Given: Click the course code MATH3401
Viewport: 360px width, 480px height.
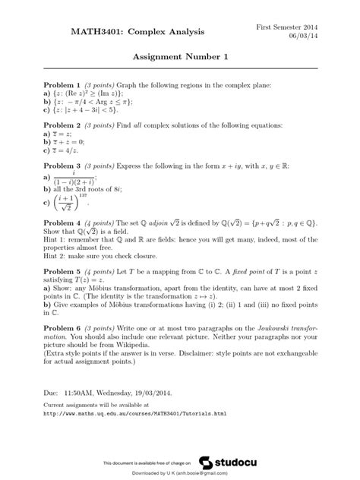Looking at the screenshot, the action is coord(98,32).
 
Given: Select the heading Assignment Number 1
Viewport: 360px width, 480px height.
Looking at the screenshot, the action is coord(180,57).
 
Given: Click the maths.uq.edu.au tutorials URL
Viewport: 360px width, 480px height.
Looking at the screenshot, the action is coord(135,414).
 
